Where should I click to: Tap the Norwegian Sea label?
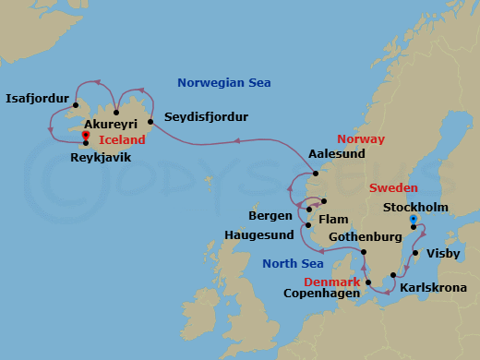(x=224, y=83)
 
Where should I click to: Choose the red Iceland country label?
(x=122, y=139)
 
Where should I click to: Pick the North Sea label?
(x=292, y=263)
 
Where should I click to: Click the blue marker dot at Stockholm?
(x=414, y=219)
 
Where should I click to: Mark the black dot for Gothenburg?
(x=363, y=252)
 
